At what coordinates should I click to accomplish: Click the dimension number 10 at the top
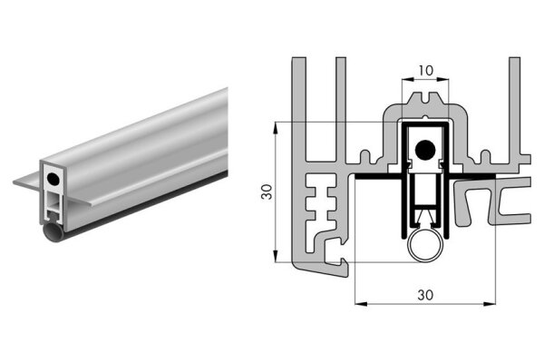tap(425, 69)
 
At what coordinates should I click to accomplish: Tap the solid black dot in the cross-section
tap(424, 148)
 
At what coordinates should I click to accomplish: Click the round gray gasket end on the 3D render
tap(52, 236)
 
